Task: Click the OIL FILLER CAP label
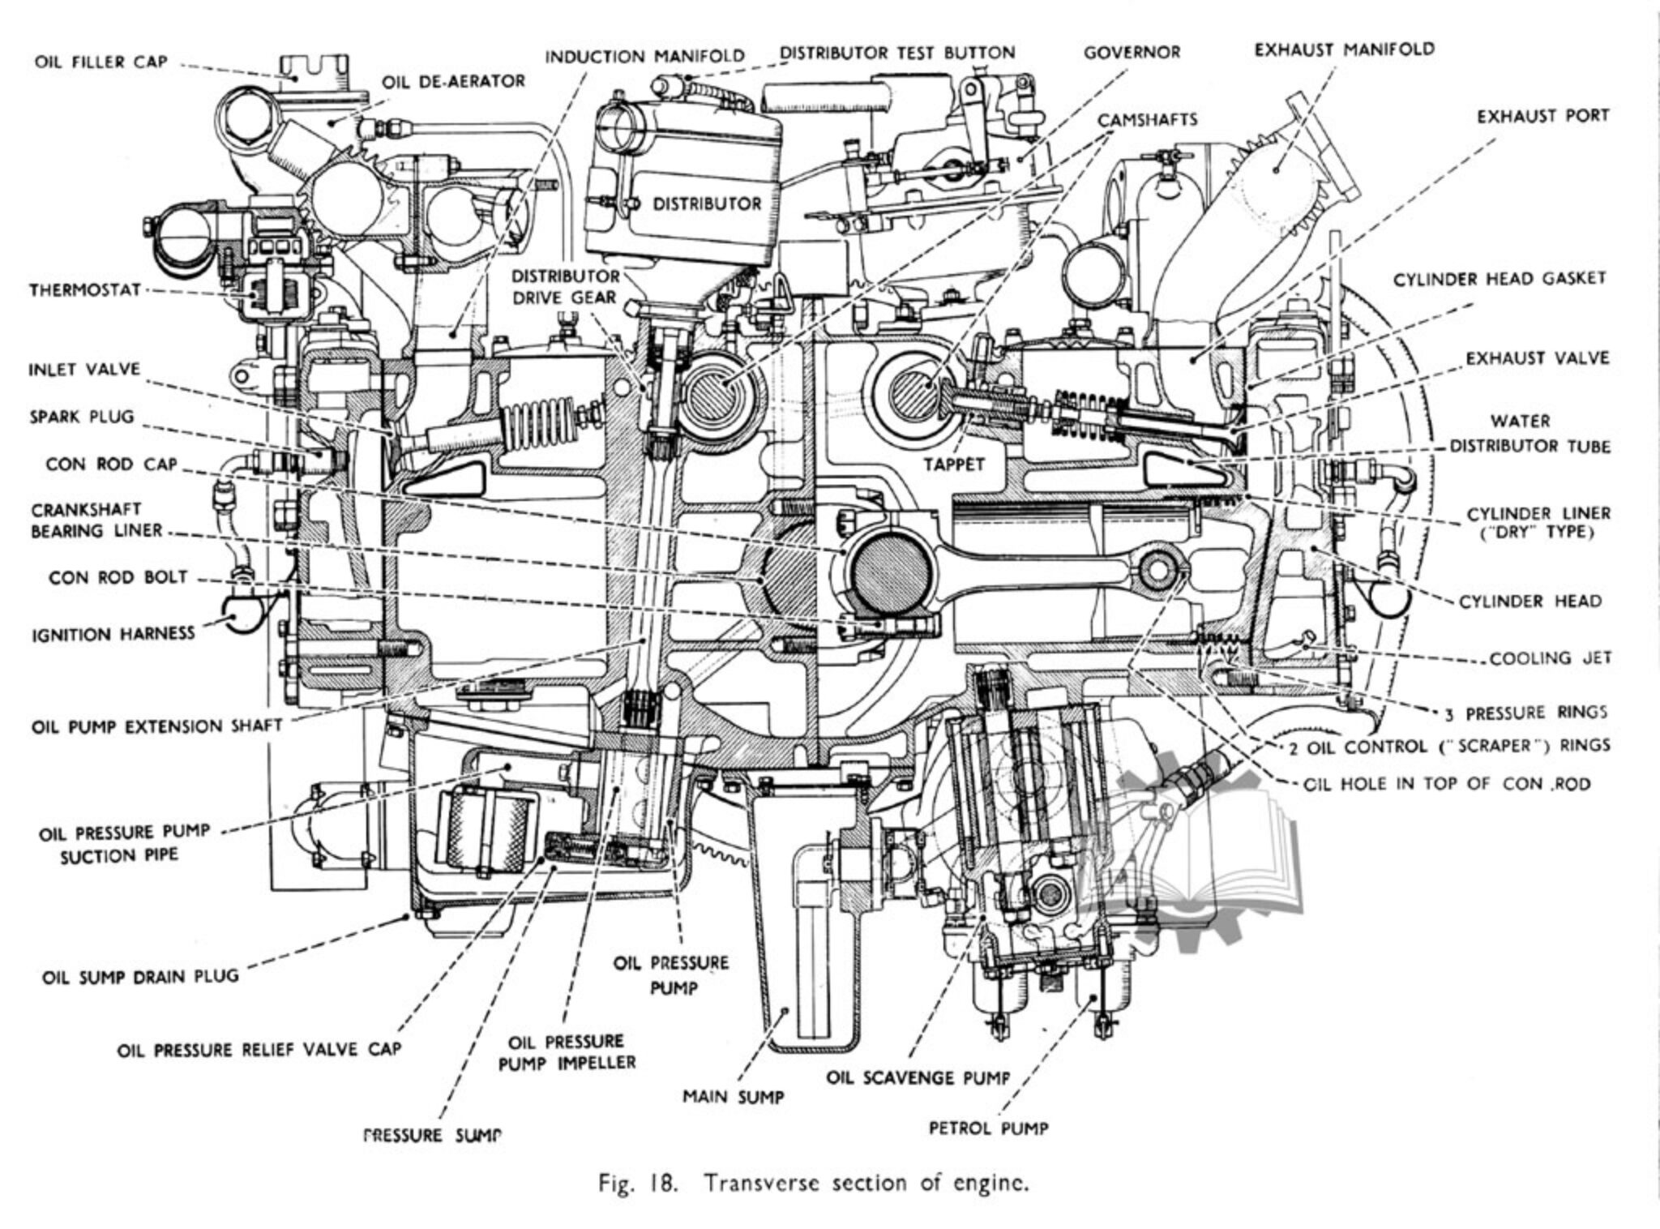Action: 101,62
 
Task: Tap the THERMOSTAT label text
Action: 86,289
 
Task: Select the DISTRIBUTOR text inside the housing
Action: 707,203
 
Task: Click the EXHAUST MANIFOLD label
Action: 1345,49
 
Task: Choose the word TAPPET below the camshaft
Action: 953,465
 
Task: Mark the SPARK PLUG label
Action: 82,418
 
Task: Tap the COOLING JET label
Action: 1550,658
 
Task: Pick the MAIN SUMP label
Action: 734,1097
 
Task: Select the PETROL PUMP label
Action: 988,1128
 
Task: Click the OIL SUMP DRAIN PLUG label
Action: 141,976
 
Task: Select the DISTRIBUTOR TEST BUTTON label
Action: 897,54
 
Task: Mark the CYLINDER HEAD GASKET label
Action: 1500,279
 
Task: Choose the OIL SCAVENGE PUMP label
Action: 918,1078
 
